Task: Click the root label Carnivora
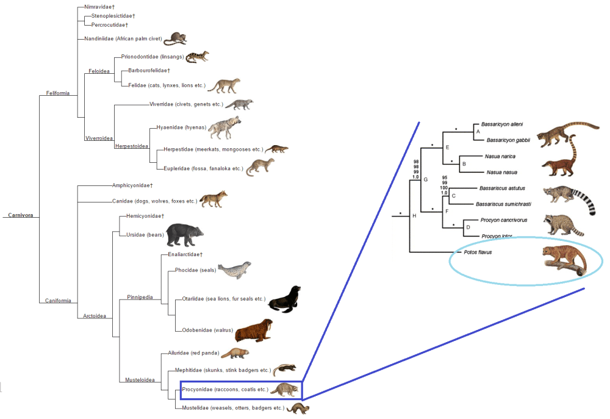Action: point(20,215)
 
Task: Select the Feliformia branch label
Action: point(58,93)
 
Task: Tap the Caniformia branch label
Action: point(58,301)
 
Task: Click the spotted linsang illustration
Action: point(197,57)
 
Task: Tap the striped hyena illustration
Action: point(224,127)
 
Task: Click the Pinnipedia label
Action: point(139,298)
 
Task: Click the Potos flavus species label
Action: point(469,251)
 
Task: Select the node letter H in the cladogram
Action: point(414,216)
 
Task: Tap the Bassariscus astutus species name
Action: point(502,188)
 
